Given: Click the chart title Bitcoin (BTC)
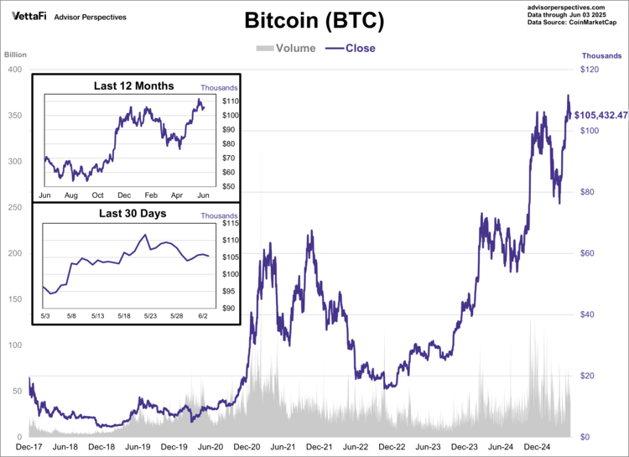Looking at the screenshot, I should tap(314, 21).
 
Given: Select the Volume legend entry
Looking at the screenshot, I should tap(286, 48).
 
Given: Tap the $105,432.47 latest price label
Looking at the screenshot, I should tap(600, 115).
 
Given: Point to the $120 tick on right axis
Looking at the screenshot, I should tap(591, 70).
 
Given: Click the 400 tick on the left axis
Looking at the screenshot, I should tap(14, 70).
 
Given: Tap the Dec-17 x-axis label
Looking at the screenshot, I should tap(29, 448).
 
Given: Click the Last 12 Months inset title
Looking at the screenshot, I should tap(134, 86).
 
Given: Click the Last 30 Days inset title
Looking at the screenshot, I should tap(133, 214).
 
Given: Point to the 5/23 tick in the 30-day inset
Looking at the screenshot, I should tap(150, 316).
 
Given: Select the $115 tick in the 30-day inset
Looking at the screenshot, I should tap(231, 224).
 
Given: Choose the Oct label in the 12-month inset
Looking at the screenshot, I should tap(97, 195).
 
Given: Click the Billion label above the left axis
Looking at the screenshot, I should tap(16, 55).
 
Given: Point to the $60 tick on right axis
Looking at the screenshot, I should tap(589, 253).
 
